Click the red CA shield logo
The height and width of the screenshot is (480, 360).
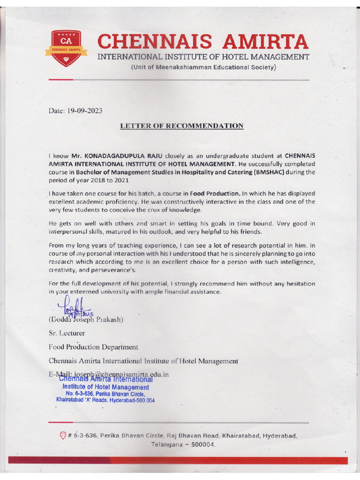[x=63, y=49]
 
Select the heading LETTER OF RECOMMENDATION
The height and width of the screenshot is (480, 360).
[x=181, y=126]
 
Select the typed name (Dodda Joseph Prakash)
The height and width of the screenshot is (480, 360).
[x=86, y=320]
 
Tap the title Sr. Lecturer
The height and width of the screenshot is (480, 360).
[x=67, y=333]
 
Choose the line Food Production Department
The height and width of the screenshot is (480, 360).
[x=93, y=347]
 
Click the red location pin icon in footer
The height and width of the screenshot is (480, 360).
[x=63, y=435]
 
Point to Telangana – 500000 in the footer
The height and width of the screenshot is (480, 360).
[x=183, y=444]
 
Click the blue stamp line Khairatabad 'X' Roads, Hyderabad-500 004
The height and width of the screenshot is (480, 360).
[x=105, y=401]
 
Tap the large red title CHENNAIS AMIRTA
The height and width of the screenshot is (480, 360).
[x=203, y=42]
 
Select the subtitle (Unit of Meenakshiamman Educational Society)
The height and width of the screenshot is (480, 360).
[x=203, y=67]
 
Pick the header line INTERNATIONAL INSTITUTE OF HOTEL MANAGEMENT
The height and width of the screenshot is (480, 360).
[x=203, y=57]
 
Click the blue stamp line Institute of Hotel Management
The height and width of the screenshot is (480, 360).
[x=105, y=387]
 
